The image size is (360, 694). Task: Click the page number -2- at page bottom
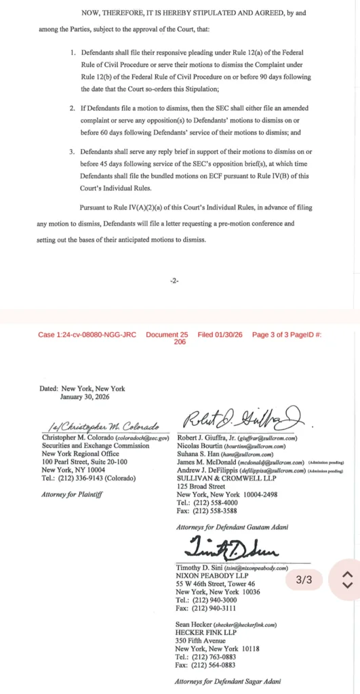(x=174, y=281)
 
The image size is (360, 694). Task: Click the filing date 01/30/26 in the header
(x=230, y=335)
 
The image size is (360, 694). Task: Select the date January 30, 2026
(x=85, y=396)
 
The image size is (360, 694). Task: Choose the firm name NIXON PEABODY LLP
(x=206, y=575)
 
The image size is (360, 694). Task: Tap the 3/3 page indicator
(x=304, y=580)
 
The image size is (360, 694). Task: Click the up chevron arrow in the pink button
(x=347, y=574)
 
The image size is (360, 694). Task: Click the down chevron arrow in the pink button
(x=347, y=586)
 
